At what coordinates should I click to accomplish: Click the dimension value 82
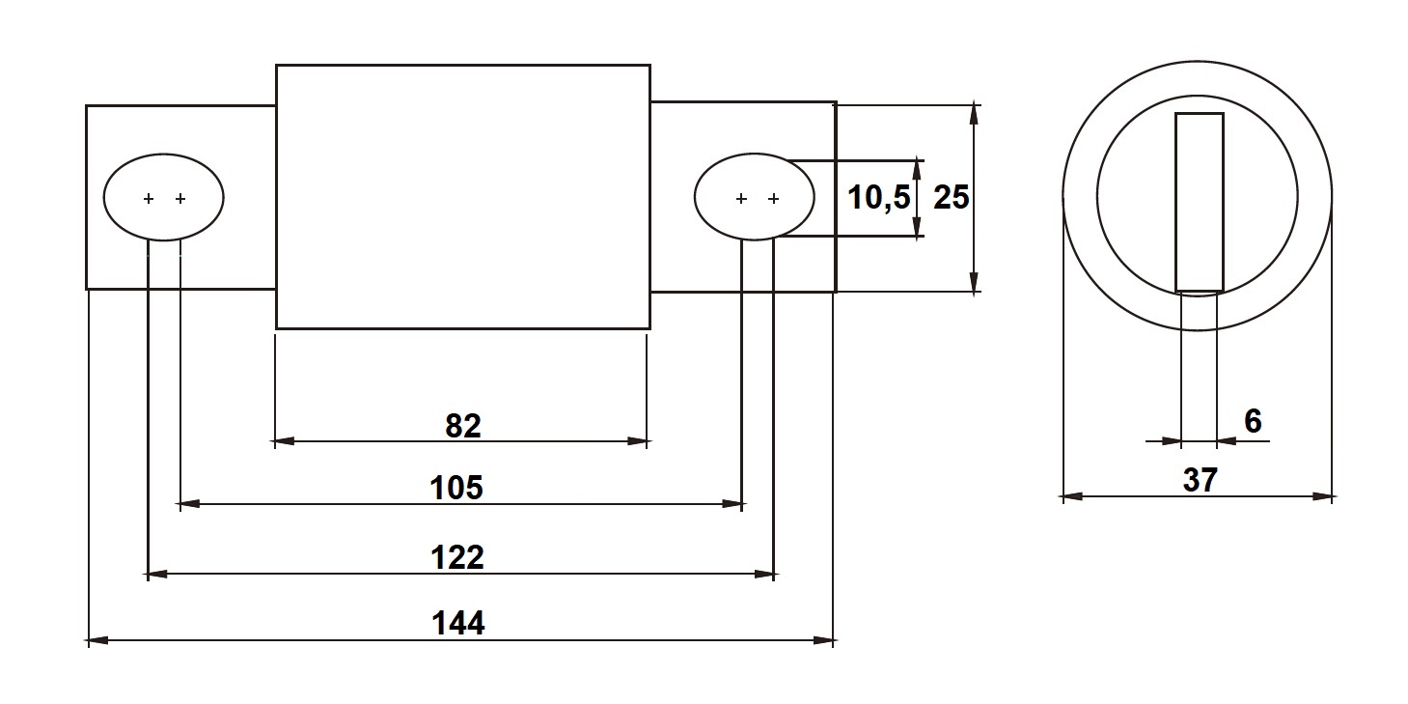463,425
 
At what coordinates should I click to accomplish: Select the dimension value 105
456,488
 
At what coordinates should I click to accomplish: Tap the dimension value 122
458,557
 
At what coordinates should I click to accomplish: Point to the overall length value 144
458,623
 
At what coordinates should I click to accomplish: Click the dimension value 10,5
878,198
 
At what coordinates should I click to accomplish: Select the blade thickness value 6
1253,421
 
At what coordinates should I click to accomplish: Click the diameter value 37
1200,480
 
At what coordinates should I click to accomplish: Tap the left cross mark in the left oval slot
149,199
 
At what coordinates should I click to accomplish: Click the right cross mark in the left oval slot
180,199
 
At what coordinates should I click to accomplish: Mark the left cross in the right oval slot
741,199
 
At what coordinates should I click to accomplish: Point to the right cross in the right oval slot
773,199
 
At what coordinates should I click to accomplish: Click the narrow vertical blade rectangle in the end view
1200,202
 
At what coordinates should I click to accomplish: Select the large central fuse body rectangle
463,196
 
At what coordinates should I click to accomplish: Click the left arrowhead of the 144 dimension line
96,639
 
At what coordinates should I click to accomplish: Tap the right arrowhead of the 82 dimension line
640,441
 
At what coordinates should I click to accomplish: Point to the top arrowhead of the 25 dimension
975,110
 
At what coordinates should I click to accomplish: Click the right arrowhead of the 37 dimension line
1326,496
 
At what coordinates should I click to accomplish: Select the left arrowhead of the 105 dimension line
188,504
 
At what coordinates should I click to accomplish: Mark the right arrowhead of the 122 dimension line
766,574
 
